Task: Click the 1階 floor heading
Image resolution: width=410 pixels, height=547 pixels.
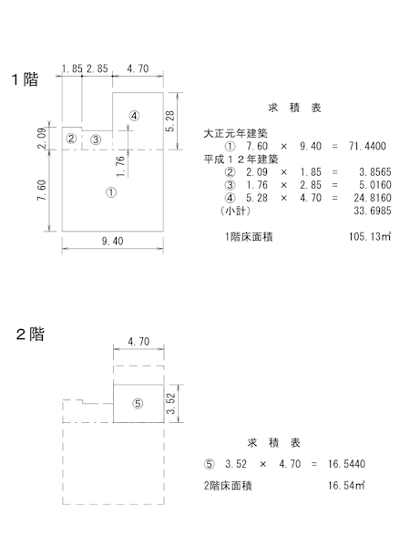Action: (x=25, y=79)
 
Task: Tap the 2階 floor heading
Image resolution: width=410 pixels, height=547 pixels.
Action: (x=30, y=335)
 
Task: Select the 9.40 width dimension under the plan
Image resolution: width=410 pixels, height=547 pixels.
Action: (x=112, y=241)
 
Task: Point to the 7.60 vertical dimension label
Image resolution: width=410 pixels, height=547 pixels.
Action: (x=42, y=191)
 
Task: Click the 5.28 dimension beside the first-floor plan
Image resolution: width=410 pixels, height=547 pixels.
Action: (x=170, y=121)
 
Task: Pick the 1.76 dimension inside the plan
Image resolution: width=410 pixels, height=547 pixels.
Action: (x=120, y=166)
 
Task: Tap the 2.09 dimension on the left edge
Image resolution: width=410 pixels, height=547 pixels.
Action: (x=42, y=139)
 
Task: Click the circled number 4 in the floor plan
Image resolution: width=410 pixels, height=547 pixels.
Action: (x=134, y=116)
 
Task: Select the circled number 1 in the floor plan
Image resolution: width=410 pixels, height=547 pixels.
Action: (x=111, y=192)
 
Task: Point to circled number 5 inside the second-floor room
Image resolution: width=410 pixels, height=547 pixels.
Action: (x=138, y=404)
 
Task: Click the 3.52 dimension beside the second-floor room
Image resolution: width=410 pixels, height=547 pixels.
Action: (x=170, y=404)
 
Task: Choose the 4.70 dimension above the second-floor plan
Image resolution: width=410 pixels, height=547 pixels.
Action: (x=138, y=342)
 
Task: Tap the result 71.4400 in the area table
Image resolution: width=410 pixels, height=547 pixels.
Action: (x=367, y=146)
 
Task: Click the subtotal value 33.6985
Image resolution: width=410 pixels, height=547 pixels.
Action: (x=373, y=211)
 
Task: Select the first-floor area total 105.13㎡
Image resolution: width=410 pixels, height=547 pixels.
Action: (x=370, y=236)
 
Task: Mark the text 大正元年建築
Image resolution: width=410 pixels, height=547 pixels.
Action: (x=235, y=133)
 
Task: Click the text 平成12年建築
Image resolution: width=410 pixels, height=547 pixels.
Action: (x=241, y=159)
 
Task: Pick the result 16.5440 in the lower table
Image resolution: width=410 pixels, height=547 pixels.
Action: (x=346, y=464)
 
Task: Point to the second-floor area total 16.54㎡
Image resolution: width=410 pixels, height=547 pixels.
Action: (x=346, y=485)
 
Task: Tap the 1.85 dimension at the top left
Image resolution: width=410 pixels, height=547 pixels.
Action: (x=72, y=68)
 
